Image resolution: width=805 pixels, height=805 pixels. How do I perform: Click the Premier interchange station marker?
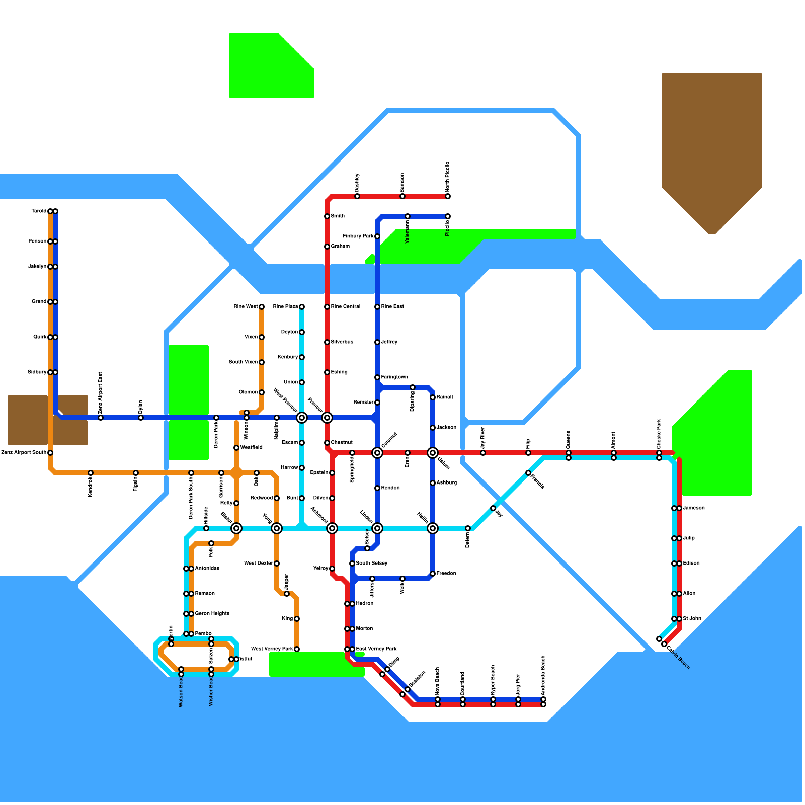tap(327, 418)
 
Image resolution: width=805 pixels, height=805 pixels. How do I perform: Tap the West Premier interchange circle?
tap(302, 418)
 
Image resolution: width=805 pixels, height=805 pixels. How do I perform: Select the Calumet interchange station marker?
tap(377, 453)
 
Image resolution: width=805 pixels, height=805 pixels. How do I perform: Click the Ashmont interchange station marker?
tap(332, 528)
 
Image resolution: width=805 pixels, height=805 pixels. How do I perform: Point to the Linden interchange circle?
tap(377, 528)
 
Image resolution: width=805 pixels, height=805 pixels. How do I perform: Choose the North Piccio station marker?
tap(448, 196)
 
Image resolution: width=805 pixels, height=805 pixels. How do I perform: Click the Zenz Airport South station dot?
tap(50, 453)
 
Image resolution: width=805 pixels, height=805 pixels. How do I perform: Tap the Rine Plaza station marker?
tap(302, 307)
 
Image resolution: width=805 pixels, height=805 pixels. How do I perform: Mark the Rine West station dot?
tap(262, 307)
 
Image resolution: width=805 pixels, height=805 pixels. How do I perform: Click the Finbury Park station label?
tap(358, 236)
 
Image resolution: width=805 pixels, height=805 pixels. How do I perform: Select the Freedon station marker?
tap(433, 574)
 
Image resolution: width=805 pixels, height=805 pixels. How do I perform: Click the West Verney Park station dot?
tap(297, 649)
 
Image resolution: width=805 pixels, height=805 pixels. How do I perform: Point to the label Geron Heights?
tap(212, 614)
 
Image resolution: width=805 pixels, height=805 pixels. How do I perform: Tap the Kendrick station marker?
tap(91, 473)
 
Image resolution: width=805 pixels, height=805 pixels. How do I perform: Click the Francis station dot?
tap(528, 473)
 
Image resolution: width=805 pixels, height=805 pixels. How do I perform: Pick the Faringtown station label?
tap(394, 377)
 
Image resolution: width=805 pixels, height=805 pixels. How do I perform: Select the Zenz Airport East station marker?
tap(101, 418)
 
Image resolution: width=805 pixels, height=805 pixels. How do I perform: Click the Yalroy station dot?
tap(332, 569)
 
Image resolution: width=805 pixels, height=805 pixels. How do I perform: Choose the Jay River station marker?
tap(483, 453)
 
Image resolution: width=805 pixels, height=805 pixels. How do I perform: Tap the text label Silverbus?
tap(342, 342)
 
